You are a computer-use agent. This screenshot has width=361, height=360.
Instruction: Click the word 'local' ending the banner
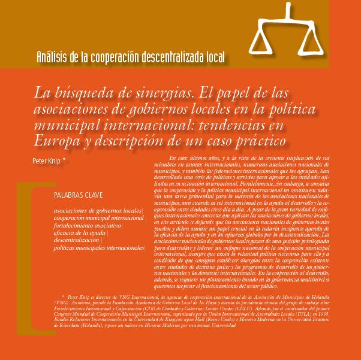coord(215,58)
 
